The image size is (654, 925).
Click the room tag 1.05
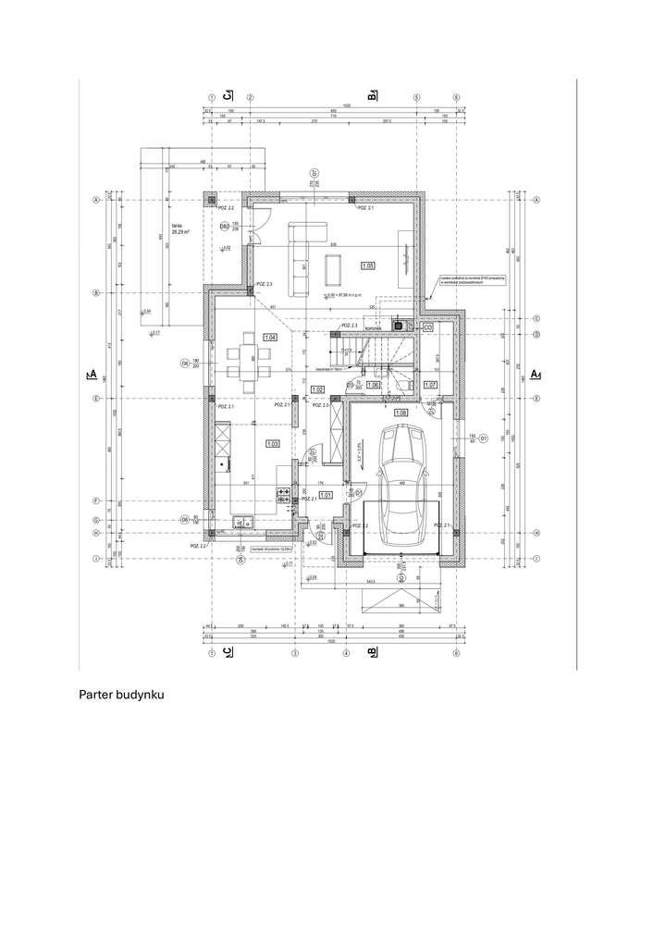[367, 265]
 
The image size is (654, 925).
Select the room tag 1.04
[270, 338]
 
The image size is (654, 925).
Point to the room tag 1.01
[326, 495]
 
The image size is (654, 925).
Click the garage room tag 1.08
[401, 412]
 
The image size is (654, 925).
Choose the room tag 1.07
[429, 384]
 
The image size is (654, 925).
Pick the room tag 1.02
[318, 389]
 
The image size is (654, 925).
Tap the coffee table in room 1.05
[334, 267]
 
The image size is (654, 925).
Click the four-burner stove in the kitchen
[283, 496]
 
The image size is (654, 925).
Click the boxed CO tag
[427, 327]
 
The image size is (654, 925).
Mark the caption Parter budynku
[121, 694]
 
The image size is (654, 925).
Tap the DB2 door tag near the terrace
[224, 226]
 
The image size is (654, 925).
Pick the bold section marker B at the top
[372, 95]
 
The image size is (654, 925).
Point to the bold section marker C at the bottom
[228, 652]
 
